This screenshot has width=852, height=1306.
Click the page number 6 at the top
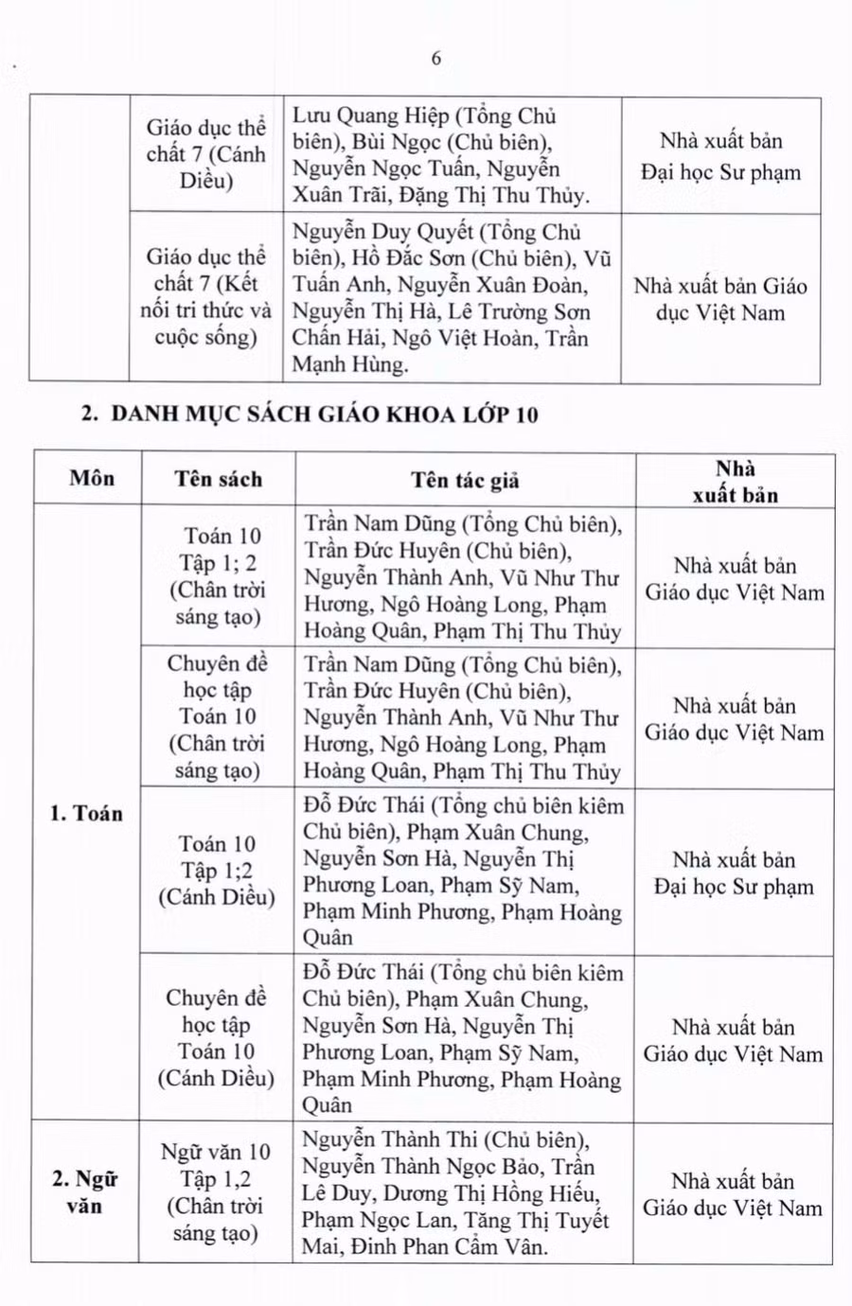435,59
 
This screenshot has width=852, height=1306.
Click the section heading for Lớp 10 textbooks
310,414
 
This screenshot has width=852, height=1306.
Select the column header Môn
91,478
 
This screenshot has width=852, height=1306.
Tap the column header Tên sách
218,479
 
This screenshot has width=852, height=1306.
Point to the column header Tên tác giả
465,480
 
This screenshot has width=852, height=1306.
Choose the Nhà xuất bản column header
735,481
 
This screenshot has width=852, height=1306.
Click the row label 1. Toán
86,813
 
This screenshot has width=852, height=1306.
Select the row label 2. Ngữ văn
84,1191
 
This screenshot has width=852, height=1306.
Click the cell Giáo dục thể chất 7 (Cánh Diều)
205,154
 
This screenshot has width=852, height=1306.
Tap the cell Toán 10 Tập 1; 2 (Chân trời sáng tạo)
218,576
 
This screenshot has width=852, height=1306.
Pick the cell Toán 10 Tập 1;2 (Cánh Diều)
217,870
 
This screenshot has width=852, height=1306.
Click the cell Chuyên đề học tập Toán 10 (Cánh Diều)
216,1037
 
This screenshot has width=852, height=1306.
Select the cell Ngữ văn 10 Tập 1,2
216,1191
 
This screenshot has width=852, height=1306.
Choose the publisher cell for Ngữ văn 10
733,1193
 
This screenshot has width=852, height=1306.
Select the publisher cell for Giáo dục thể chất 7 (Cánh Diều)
720,156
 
